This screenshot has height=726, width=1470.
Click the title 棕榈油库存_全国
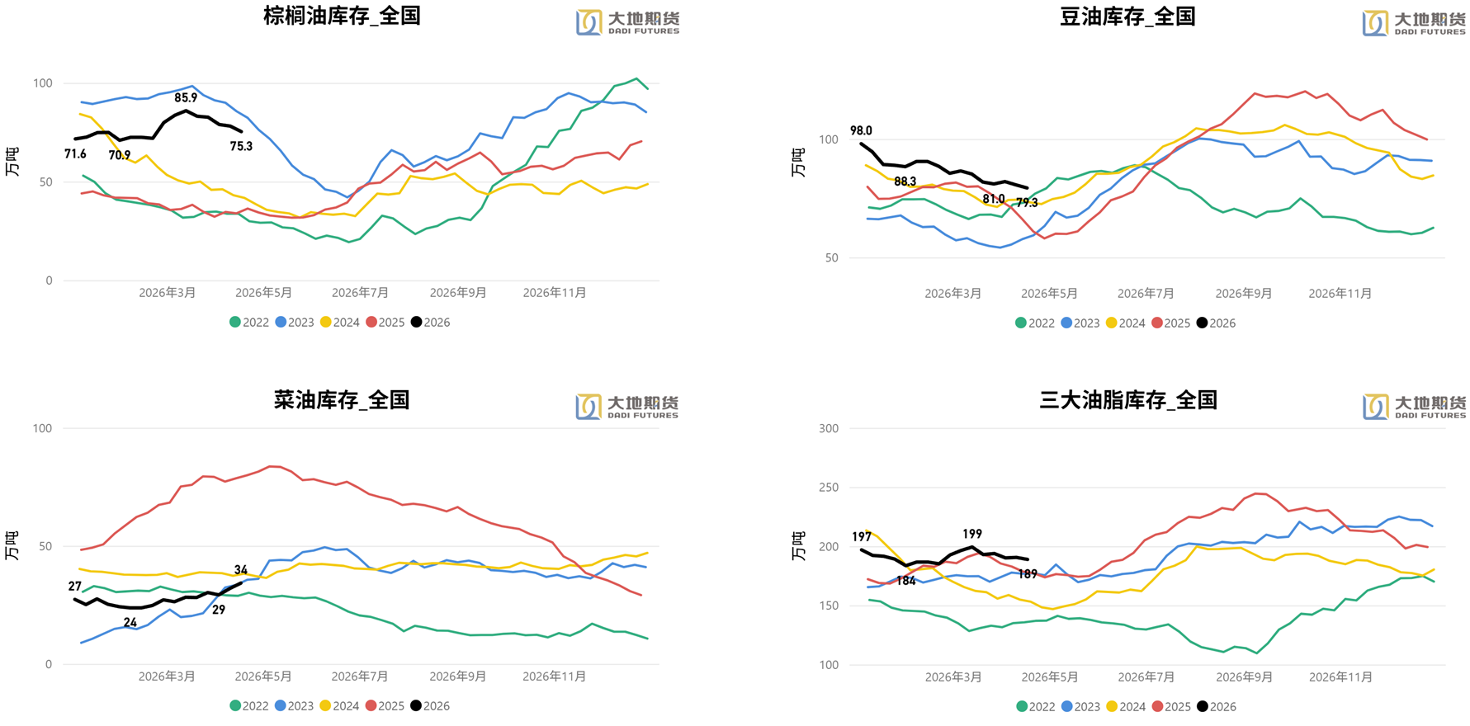342,16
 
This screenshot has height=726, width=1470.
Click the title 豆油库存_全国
1127,16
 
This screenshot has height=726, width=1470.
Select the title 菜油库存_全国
342,400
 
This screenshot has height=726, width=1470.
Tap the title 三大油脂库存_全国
1127,400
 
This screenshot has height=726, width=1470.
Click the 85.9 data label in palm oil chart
186,97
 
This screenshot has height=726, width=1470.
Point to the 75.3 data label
241,146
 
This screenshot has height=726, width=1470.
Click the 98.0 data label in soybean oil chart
861,130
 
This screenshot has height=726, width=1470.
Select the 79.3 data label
1027,202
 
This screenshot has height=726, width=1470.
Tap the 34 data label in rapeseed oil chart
241,569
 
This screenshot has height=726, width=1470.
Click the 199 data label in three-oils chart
972,534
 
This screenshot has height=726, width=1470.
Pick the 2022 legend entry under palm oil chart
249,322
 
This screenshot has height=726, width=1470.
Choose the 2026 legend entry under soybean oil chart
1216,323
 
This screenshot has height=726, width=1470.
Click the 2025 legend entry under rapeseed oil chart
385,705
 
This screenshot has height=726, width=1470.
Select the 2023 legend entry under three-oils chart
1080,706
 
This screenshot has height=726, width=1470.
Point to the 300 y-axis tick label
829,428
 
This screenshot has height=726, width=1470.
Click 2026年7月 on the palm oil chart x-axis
360,292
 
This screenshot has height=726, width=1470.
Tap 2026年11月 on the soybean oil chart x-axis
1340,293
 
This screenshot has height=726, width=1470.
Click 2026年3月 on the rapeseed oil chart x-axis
167,676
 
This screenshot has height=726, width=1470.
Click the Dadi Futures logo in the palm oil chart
627,22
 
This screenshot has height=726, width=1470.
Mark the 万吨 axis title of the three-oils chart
798,546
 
